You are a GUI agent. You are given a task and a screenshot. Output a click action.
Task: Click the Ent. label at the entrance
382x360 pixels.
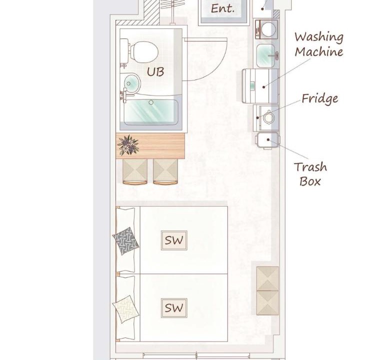tap(222, 9)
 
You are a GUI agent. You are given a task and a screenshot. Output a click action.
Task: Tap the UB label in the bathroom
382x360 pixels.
tap(155, 72)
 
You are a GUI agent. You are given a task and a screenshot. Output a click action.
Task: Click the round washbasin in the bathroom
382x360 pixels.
tap(132, 83)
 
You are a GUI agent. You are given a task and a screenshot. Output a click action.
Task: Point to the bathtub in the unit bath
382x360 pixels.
tap(151, 112)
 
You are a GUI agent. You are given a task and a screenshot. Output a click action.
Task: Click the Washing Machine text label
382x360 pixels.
tap(319, 44)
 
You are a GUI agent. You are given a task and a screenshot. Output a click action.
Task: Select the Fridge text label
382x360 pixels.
tap(320, 98)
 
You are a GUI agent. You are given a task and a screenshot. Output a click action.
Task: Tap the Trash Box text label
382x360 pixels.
tap(310, 174)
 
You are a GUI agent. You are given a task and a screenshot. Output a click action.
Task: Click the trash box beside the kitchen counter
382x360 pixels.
tap(267, 140)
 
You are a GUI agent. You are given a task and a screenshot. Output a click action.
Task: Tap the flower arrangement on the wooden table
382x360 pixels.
tap(128, 145)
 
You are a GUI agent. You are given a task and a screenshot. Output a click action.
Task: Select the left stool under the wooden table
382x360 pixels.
tap(135, 171)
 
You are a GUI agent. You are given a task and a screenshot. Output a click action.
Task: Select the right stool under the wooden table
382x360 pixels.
tap(165, 171)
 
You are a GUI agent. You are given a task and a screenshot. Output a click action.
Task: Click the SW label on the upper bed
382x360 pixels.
tap(174, 240)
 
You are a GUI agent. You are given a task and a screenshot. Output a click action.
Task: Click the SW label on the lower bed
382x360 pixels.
tap(174, 308)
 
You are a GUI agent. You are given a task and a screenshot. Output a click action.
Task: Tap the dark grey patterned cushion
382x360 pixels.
tap(125, 241)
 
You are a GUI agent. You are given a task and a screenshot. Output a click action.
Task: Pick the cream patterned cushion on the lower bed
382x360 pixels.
tap(125, 309)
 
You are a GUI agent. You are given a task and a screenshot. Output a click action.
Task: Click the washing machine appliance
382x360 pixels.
tap(260, 85)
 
